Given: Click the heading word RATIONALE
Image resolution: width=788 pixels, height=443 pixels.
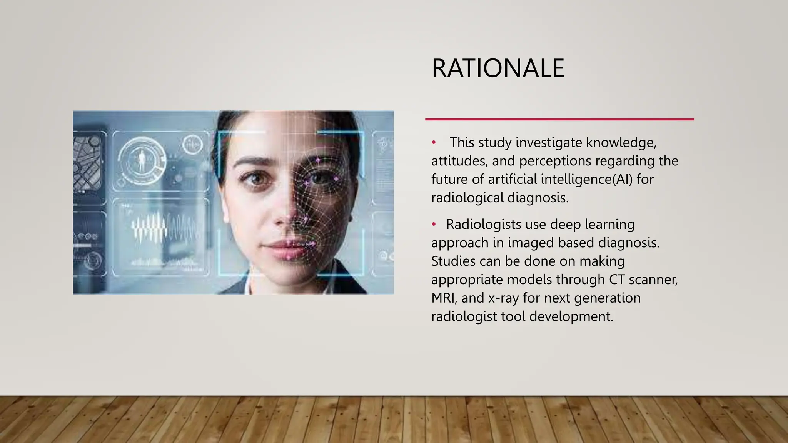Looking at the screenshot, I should pos(498,68).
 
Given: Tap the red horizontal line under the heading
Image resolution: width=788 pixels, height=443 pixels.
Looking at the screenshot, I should pos(559,119).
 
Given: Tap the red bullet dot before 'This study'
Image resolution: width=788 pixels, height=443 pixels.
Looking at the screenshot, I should pos(434,143).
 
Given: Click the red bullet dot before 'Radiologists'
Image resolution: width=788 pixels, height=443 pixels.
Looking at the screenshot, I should pos(434,224).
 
